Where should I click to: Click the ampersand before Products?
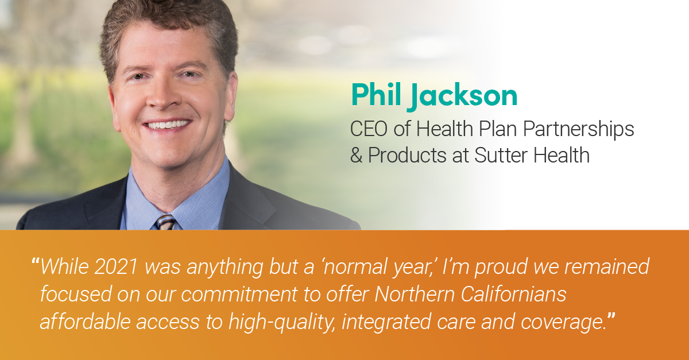357,156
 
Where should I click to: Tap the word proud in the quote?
491,268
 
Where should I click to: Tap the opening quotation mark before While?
36,263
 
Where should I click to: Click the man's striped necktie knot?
165,221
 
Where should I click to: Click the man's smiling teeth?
167,125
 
